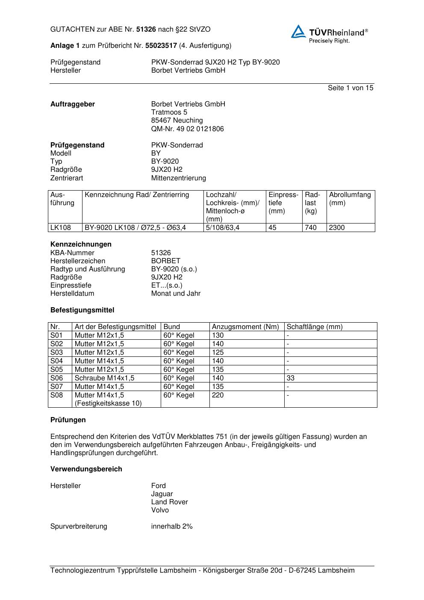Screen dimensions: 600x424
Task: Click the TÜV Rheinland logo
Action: [x=329, y=34]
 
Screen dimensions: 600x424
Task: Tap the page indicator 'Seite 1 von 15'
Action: [x=350, y=88]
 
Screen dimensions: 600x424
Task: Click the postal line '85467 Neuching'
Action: [x=177, y=121]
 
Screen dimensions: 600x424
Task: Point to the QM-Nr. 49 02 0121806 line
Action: [x=187, y=129]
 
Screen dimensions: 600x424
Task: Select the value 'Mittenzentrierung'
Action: [x=178, y=178]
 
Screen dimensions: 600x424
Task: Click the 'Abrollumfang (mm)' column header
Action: [x=350, y=199]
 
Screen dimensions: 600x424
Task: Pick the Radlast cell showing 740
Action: [x=311, y=228]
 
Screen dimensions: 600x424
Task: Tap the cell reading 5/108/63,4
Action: [x=223, y=228]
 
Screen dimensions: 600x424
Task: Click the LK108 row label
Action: [x=60, y=228]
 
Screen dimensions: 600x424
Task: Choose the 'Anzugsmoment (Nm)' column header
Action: [x=245, y=327]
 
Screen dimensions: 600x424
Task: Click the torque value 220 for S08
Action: [x=218, y=395]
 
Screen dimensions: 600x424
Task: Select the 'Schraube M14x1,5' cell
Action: [x=104, y=378]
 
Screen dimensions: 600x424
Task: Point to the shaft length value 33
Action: [x=291, y=378]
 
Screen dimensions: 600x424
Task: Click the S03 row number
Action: [x=56, y=353]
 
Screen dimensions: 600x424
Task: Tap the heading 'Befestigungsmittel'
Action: [x=82, y=310]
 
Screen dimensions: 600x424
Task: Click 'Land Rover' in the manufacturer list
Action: [x=169, y=502]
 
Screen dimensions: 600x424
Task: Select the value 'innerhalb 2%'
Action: [x=172, y=526]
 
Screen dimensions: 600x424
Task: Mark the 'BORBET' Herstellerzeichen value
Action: [x=165, y=261]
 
